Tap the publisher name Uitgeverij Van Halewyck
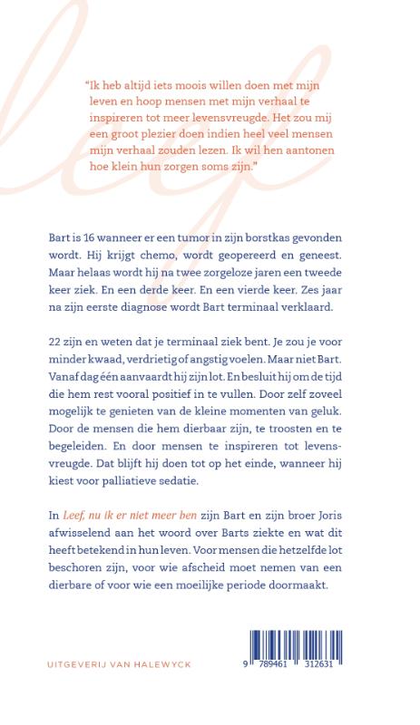point(118,663)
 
